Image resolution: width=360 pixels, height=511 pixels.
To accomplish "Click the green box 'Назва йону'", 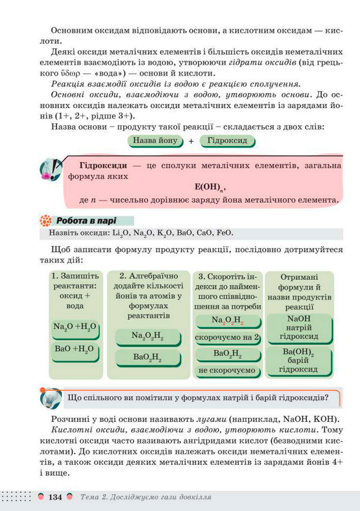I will [x=155, y=140].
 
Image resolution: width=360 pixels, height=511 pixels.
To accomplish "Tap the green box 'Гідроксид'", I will [x=227, y=140].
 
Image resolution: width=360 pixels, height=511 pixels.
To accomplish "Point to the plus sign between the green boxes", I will [x=191, y=141].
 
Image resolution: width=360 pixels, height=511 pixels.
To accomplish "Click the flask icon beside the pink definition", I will [x=50, y=169].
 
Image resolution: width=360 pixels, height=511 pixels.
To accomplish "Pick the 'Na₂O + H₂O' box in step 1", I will [x=75, y=328].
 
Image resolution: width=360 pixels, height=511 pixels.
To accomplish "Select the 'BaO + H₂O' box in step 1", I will [x=74, y=349].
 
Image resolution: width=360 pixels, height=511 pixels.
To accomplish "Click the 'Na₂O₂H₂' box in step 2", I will [x=147, y=336].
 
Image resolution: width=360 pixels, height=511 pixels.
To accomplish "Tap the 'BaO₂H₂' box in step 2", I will [x=147, y=357].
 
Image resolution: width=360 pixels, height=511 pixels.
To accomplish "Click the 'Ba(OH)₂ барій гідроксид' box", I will [x=298, y=360].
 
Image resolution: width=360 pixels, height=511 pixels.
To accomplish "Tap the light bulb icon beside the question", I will [x=50, y=398].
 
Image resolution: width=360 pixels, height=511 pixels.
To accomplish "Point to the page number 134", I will [x=55, y=498].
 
